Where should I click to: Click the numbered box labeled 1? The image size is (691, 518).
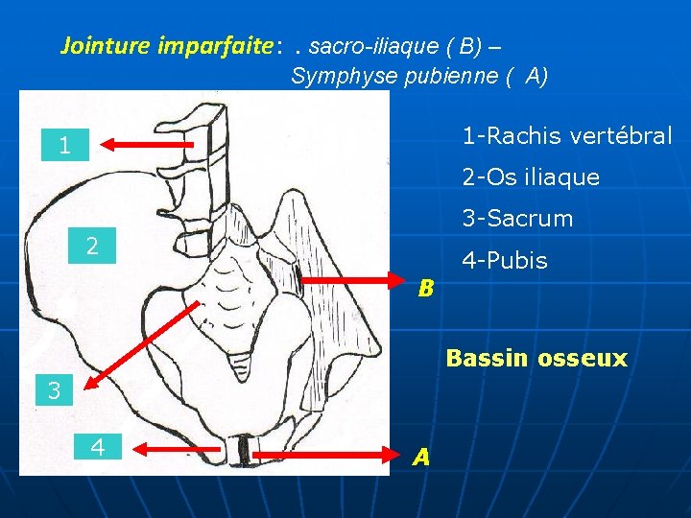pyautogui.click(x=63, y=146)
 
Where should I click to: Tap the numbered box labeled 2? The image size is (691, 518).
pyautogui.click(x=92, y=246)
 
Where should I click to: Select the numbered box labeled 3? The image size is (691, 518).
pyautogui.click(x=54, y=390)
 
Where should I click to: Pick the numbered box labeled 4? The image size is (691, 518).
pyautogui.click(x=98, y=446)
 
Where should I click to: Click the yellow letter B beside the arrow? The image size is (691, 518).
pyautogui.click(x=425, y=288)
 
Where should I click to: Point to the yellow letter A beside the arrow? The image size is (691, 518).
pyautogui.click(x=420, y=459)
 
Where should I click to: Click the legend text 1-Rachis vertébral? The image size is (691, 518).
pyautogui.click(x=566, y=136)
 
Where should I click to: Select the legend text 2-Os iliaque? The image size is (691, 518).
pyautogui.click(x=531, y=177)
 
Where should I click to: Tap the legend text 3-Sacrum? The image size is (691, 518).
pyautogui.click(x=517, y=219)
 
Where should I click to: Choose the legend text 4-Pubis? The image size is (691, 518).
pyautogui.click(x=505, y=260)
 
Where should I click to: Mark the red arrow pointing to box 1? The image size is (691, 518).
pyautogui.click(x=149, y=144)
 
